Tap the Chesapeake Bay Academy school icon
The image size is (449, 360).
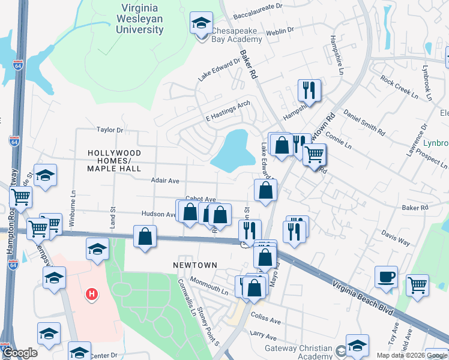pos(199,24)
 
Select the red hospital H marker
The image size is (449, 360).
pos(91,294)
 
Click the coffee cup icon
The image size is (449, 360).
pos(386,277)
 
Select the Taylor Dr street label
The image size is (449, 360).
pos(109,130)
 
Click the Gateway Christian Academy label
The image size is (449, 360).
pos(299,352)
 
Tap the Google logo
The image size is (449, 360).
pos(20,353)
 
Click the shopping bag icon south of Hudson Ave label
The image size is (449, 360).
pos(145,236)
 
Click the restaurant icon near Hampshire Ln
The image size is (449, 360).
pos(309,90)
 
